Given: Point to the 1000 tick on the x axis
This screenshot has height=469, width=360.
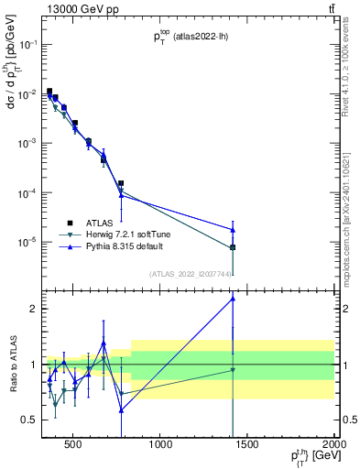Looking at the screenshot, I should [161, 446].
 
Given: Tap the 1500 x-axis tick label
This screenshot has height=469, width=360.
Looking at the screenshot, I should [248, 446].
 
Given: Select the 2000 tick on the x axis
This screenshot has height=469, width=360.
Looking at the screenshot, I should [334, 446].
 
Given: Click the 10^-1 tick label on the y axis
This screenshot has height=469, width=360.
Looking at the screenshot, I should [27, 44].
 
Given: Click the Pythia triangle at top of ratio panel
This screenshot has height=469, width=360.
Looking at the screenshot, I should [233, 298].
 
